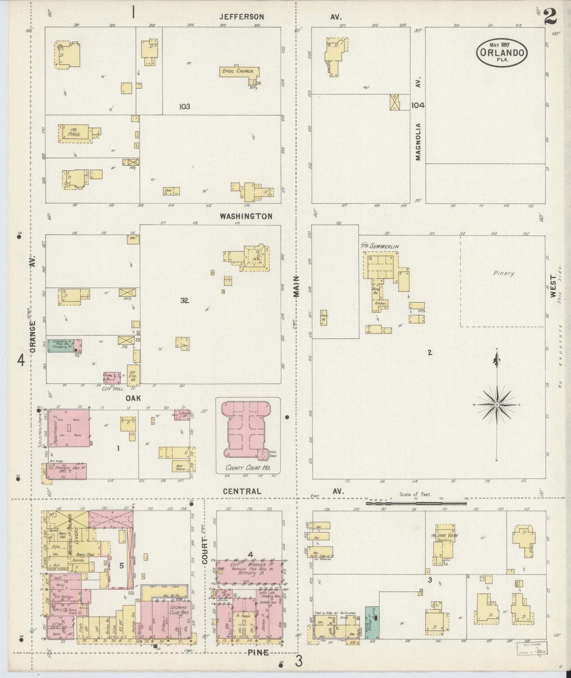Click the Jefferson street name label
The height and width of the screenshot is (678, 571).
click(x=242, y=17)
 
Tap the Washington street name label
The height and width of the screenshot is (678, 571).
click(x=246, y=216)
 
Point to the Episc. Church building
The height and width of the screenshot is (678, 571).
click(x=239, y=72)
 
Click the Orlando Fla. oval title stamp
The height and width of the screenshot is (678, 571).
click(x=502, y=52)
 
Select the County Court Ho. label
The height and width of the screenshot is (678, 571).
click(x=247, y=468)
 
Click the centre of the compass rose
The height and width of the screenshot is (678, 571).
click(x=497, y=405)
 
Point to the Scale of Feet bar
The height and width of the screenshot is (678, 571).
click(x=416, y=504)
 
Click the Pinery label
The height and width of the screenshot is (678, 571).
click(x=504, y=273)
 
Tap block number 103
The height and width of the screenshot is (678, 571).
click(x=184, y=106)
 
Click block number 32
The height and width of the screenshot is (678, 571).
click(x=184, y=300)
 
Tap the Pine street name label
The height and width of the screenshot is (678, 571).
click(x=258, y=652)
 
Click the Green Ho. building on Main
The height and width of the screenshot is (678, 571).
click(x=324, y=317)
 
